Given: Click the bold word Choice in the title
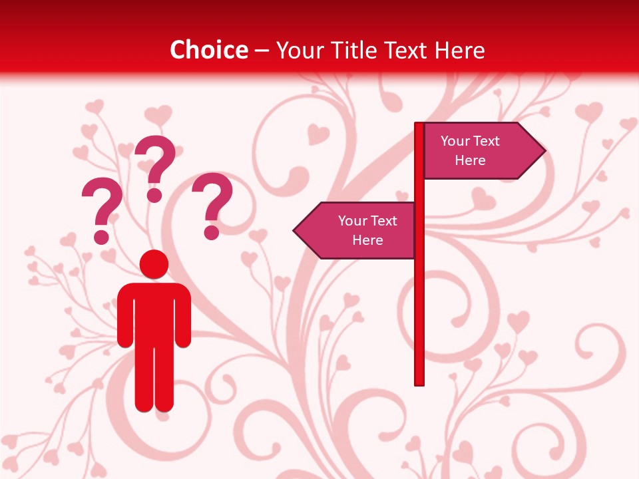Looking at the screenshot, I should (208, 50).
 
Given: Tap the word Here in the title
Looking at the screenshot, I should (459, 50).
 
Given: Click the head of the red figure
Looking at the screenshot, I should (154, 264).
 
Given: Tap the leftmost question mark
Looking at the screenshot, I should (102, 206).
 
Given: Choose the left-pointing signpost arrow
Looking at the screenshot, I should (356, 230).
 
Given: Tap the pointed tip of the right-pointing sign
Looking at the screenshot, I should (544, 151).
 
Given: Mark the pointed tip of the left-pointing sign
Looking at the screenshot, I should (295, 231).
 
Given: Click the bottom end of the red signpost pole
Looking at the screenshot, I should (419, 382).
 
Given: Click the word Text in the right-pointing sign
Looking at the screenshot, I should (487, 141).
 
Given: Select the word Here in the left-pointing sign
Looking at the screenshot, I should (367, 240).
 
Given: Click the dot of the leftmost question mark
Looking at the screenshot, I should (101, 236).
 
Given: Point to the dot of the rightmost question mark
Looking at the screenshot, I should (212, 232).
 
